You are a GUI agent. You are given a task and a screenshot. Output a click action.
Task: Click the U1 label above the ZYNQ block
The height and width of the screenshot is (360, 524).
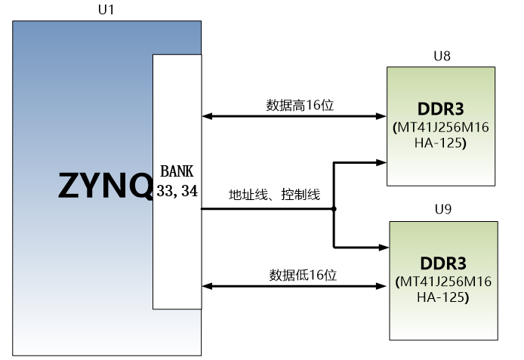click(x=106, y=10)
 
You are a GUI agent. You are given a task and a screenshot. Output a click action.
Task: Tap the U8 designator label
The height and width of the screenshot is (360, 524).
click(x=442, y=56)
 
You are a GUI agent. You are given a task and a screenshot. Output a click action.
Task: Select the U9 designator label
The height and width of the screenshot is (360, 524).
click(x=443, y=209)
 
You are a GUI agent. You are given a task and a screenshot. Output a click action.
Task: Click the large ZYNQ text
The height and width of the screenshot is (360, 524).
click(x=105, y=186)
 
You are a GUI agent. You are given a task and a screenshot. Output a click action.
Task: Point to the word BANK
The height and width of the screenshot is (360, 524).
click(x=177, y=171)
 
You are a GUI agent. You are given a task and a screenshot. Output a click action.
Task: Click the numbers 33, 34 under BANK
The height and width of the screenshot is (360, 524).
click(x=177, y=191)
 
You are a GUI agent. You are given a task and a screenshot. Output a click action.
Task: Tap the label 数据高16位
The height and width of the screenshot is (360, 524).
click(x=300, y=105)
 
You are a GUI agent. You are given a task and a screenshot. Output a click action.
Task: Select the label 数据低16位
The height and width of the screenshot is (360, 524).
click(x=303, y=275)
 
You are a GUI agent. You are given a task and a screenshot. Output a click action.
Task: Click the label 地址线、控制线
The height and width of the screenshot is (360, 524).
click(x=274, y=195)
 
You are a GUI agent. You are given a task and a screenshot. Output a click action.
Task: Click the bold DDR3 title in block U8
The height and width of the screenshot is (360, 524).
click(x=441, y=109)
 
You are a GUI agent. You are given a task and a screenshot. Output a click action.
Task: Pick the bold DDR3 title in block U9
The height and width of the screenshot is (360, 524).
click(x=443, y=263)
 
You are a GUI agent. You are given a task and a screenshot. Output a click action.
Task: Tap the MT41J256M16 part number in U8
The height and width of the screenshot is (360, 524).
click(x=441, y=128)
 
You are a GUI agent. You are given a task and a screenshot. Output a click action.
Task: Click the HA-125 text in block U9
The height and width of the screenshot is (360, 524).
click(x=442, y=297)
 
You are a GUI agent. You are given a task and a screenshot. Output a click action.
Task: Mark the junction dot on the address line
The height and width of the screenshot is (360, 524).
click(x=334, y=209)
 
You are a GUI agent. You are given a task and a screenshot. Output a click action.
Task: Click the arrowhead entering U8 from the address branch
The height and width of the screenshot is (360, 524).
click(x=381, y=162)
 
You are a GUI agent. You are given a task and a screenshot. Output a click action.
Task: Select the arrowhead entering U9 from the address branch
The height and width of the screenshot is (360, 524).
click(x=384, y=248)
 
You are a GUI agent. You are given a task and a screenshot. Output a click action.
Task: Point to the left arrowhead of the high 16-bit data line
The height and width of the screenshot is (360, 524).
click(x=207, y=116)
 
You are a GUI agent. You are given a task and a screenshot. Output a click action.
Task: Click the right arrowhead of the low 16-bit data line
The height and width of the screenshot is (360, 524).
click(x=381, y=286)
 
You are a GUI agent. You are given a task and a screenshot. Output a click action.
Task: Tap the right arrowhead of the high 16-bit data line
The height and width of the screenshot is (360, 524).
click(x=381, y=116)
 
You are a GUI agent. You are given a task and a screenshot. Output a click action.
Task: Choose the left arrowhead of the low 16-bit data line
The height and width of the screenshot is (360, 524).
click(x=207, y=286)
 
